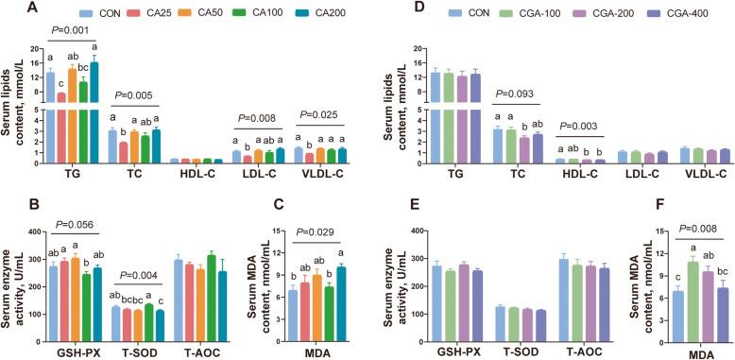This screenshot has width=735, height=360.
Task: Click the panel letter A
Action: (x=9, y=9)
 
